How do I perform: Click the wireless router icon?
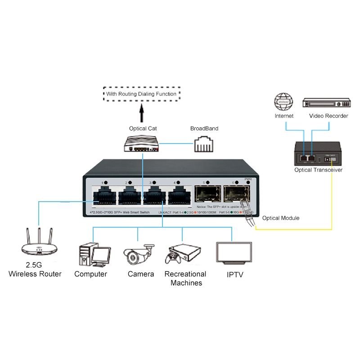[40, 243]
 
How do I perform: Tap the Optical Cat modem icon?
[142, 144]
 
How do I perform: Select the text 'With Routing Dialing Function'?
[142, 94]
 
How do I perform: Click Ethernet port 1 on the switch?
[104, 197]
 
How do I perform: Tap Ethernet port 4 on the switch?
[180, 197]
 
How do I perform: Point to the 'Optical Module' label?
[281, 218]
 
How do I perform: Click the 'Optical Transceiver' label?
[318, 170]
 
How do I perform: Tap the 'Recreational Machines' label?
[185, 279]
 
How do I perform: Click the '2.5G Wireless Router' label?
[35, 270]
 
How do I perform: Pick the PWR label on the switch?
[248, 179]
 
